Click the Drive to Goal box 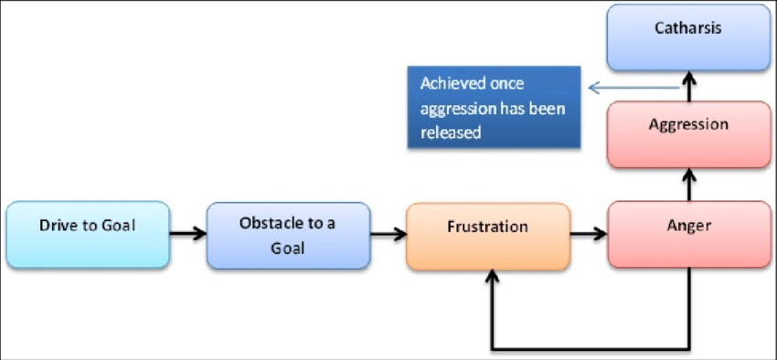[x=88, y=235]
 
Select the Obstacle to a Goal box [x=288, y=236]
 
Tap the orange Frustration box [x=487, y=237]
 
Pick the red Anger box [x=689, y=235]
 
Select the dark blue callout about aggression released [x=494, y=107]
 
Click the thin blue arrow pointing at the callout [x=634, y=89]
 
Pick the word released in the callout [x=451, y=132]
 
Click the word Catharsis [x=689, y=27]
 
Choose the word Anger [x=689, y=224]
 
